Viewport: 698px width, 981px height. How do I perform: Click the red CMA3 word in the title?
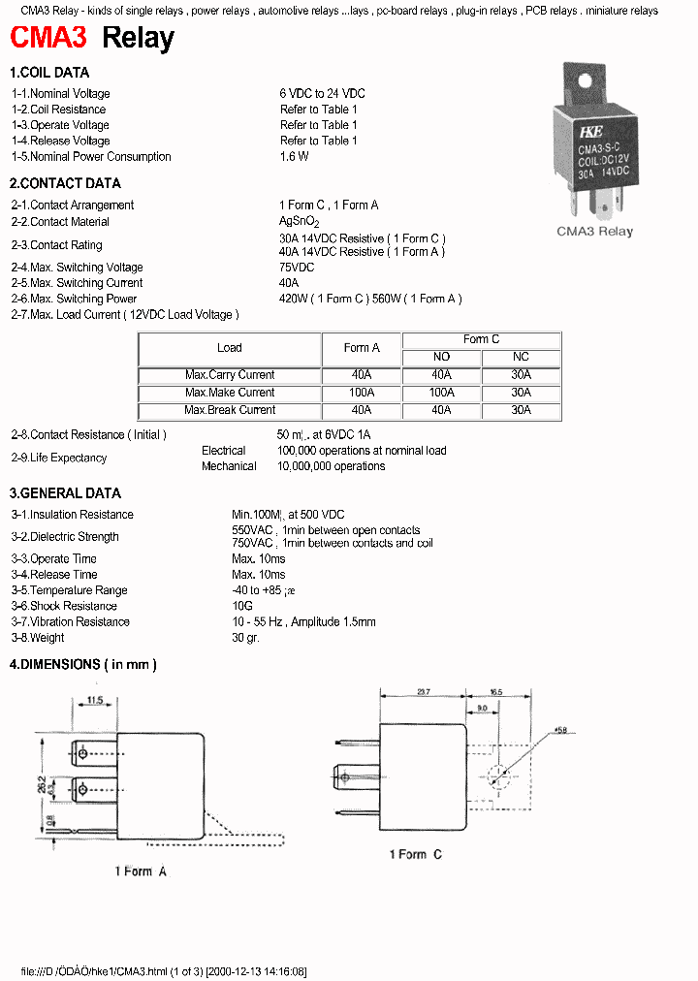48,39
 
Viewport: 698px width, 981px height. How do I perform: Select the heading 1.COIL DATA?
49,73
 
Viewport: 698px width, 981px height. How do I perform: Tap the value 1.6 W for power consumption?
294,157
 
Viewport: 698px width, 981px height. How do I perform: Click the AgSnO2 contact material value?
299,222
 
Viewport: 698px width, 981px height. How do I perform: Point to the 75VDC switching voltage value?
297,268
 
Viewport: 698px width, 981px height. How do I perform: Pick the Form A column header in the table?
362,348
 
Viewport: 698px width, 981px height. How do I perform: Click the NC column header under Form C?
521,357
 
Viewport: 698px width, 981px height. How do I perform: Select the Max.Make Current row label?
230,393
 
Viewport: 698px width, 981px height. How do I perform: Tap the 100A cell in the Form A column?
362,393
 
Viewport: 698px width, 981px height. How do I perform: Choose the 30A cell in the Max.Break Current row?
521,410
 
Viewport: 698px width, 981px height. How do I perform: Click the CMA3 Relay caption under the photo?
594,232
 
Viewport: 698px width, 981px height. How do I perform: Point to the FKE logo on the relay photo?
590,133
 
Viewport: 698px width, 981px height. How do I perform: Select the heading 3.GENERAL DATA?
65,493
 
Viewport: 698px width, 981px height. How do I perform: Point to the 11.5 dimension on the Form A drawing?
94,700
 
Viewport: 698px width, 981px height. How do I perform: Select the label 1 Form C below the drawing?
415,854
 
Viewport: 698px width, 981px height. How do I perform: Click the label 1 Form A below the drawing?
141,871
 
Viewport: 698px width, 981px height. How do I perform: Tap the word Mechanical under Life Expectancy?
229,466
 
